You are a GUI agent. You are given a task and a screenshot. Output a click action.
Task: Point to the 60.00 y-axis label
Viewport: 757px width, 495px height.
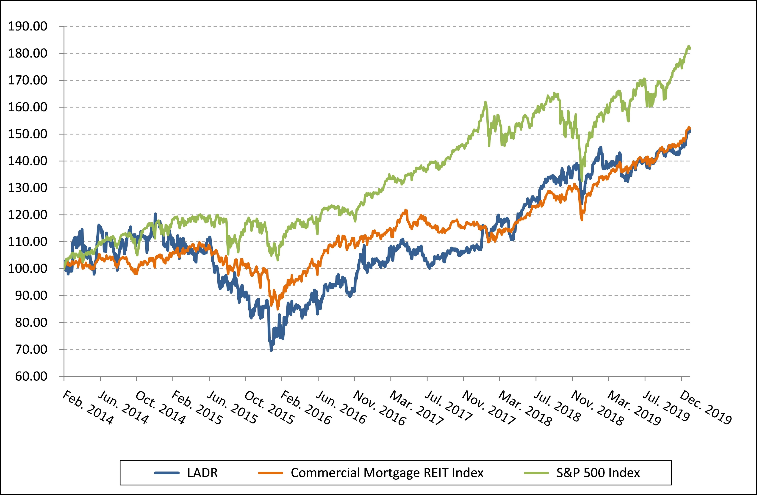(31, 377)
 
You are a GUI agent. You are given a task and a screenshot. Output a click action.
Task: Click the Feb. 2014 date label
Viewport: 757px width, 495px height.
(87, 408)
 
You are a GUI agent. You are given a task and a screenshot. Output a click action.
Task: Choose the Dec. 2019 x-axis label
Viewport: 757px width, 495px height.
(705, 408)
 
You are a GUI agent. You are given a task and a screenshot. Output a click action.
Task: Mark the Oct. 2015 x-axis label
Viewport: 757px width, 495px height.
(269, 408)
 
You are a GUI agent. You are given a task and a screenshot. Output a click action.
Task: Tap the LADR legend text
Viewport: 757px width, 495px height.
(202, 473)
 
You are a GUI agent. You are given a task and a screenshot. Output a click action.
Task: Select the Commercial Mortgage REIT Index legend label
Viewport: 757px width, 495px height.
(387, 473)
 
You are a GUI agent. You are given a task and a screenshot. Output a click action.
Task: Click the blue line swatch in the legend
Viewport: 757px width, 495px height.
(167, 473)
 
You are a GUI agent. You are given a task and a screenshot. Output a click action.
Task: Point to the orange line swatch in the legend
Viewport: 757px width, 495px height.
(270, 473)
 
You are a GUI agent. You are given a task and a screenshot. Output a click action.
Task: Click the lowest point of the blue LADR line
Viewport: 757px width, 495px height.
(271, 350)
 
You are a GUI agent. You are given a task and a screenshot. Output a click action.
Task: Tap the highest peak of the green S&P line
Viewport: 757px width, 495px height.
(686, 47)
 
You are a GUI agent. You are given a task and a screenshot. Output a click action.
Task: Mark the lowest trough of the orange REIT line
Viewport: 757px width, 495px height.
(278, 308)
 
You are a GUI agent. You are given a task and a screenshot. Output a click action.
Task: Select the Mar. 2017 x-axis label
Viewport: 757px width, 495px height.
(416, 408)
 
